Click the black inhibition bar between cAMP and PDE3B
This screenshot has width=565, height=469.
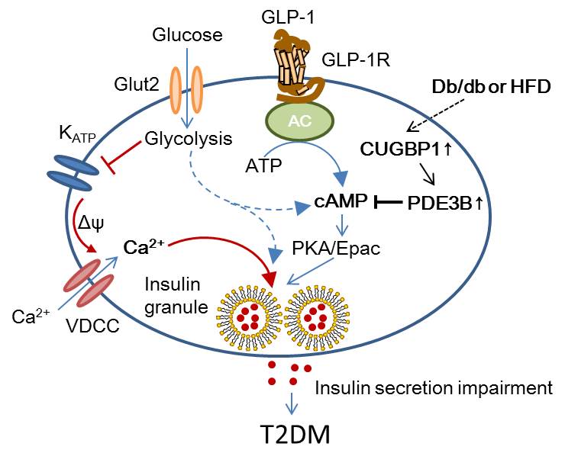click(x=388, y=204)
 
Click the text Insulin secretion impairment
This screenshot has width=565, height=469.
click(x=434, y=388)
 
